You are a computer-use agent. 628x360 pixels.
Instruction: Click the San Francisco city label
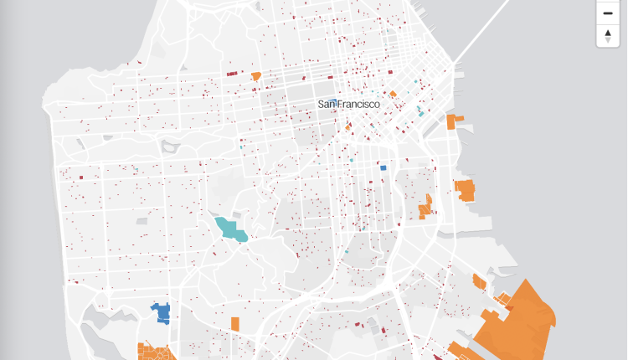pyautogui.click(x=348, y=104)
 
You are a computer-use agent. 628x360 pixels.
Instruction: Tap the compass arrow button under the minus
pyautogui.click(x=608, y=36)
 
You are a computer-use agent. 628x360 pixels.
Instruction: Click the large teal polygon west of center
pyautogui.click(x=230, y=229)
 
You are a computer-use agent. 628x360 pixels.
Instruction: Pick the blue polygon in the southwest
pyautogui.click(x=161, y=313)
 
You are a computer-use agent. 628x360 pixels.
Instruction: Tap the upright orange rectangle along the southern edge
pyautogui.click(x=236, y=323)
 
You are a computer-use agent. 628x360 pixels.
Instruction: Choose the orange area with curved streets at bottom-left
pyautogui.click(x=155, y=352)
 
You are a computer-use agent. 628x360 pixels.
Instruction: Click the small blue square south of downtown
pyautogui.click(x=383, y=167)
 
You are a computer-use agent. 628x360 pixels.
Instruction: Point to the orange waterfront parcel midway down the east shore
pyautogui.click(x=465, y=190)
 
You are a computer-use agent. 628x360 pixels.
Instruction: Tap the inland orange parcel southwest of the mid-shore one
pyautogui.click(x=426, y=207)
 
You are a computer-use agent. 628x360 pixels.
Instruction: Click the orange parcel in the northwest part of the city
pyautogui.click(x=256, y=76)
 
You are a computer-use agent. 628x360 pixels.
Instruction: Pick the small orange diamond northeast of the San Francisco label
pyautogui.click(x=392, y=94)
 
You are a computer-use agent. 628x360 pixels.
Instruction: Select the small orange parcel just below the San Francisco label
pyautogui.click(x=347, y=127)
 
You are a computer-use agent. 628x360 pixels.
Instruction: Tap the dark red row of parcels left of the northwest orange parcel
pyautogui.click(x=233, y=74)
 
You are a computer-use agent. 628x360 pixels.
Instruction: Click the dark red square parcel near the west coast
pyautogui.click(x=81, y=177)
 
